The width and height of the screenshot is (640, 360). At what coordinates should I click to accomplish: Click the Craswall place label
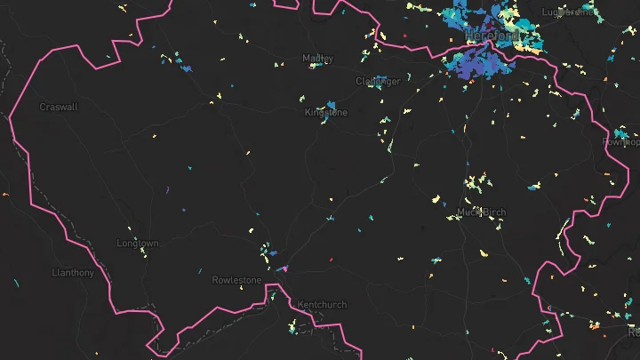[x=59, y=107]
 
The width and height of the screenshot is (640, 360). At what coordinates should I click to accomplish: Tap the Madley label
[x=317, y=59]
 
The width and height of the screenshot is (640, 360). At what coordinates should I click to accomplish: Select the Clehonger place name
[x=378, y=81]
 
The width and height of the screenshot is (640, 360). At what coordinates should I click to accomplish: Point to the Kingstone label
[x=326, y=114]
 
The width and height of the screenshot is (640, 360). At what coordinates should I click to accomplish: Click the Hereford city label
[x=491, y=36]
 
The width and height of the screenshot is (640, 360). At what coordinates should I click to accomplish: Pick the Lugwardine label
[x=566, y=12]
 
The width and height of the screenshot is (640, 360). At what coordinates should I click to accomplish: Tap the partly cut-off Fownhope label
[x=620, y=142]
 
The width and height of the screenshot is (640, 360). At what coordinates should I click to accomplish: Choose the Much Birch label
[x=481, y=212]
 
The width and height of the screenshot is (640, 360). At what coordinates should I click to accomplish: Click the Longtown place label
[x=138, y=244]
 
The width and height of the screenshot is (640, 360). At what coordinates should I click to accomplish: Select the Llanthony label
[x=73, y=273]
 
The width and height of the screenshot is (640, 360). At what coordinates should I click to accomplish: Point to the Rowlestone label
[x=237, y=281]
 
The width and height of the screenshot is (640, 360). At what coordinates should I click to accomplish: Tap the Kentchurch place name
[x=322, y=305]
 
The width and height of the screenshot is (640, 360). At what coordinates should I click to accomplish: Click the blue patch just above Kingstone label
[x=331, y=104]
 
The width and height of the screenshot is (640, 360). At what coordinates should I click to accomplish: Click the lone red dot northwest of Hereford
[x=404, y=36]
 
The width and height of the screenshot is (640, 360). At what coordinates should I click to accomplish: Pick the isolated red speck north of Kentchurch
[x=331, y=260]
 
